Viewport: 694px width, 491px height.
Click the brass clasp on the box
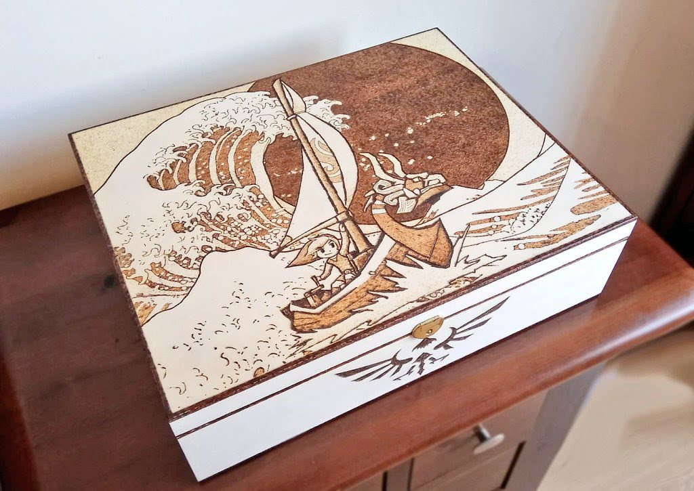pos(427,327)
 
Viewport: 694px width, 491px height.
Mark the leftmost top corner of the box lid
pos(70,135)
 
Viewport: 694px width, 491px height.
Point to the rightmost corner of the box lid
pos(635,219)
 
